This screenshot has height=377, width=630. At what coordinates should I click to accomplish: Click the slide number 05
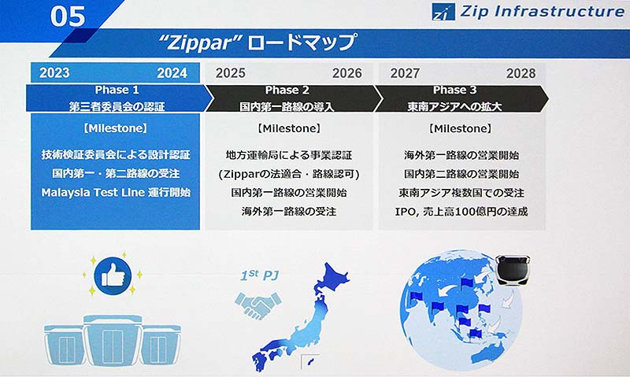coord(68,16)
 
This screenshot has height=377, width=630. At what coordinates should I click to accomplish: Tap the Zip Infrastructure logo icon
coord(443,12)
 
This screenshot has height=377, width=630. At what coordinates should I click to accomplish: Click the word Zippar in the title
coord(200,43)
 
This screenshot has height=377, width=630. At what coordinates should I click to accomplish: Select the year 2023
coord(54,73)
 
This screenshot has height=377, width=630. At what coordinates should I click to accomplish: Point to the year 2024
coord(172,73)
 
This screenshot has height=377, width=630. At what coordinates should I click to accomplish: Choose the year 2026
coord(347,73)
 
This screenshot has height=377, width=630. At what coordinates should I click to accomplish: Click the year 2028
coord(521,73)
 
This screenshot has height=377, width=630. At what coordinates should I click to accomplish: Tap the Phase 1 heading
coord(117,90)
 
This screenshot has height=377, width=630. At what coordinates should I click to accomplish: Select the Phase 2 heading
coord(287,90)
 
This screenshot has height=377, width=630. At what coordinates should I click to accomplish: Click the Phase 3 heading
coord(455,90)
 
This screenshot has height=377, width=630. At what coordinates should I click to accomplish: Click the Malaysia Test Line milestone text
coord(116,192)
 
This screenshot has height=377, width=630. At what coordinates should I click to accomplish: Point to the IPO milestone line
coord(461,211)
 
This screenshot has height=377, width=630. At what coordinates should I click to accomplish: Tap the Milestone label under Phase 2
coord(289,128)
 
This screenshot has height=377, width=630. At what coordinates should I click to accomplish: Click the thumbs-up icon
coord(113,275)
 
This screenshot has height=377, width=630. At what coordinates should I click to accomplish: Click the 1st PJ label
coord(260,275)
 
